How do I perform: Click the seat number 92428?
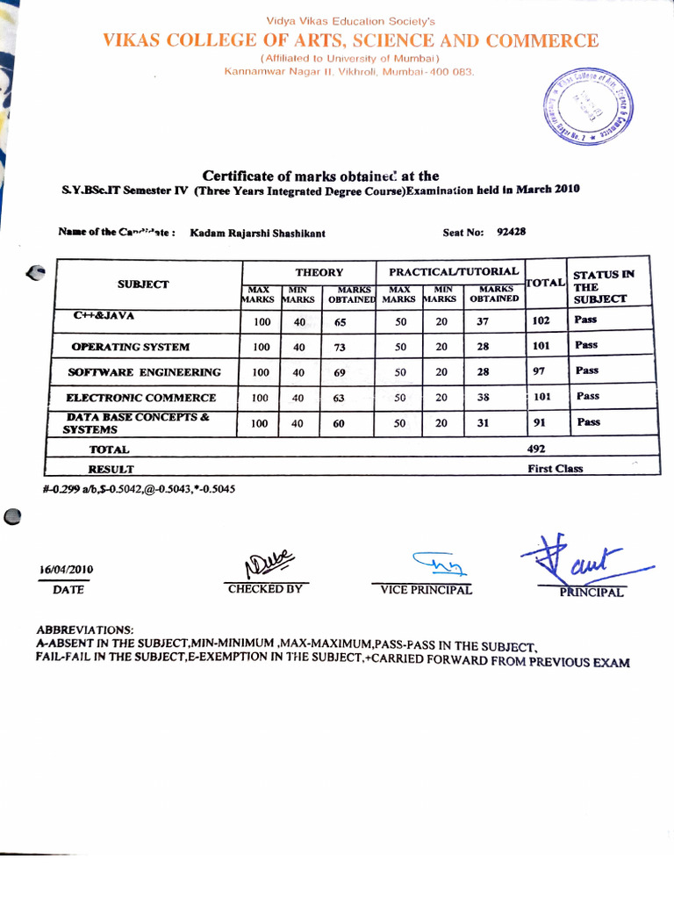pyautogui.click(x=511, y=233)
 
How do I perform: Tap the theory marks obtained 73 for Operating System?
pyautogui.click(x=341, y=347)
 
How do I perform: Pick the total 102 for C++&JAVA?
pyautogui.click(x=541, y=320)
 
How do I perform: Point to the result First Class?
pyautogui.click(x=555, y=469)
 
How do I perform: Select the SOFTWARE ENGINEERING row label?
pyautogui.click(x=145, y=372)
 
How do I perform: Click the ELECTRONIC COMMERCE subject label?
pyautogui.click(x=141, y=398)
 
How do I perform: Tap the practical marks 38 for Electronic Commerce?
pyautogui.click(x=483, y=397)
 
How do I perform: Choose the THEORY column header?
pyautogui.click(x=319, y=273)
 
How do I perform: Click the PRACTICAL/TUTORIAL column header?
pyautogui.click(x=454, y=272)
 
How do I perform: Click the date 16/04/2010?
pyautogui.click(x=67, y=569)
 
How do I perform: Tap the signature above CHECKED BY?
pyautogui.click(x=268, y=561)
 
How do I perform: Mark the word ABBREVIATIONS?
pyautogui.click(x=85, y=630)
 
